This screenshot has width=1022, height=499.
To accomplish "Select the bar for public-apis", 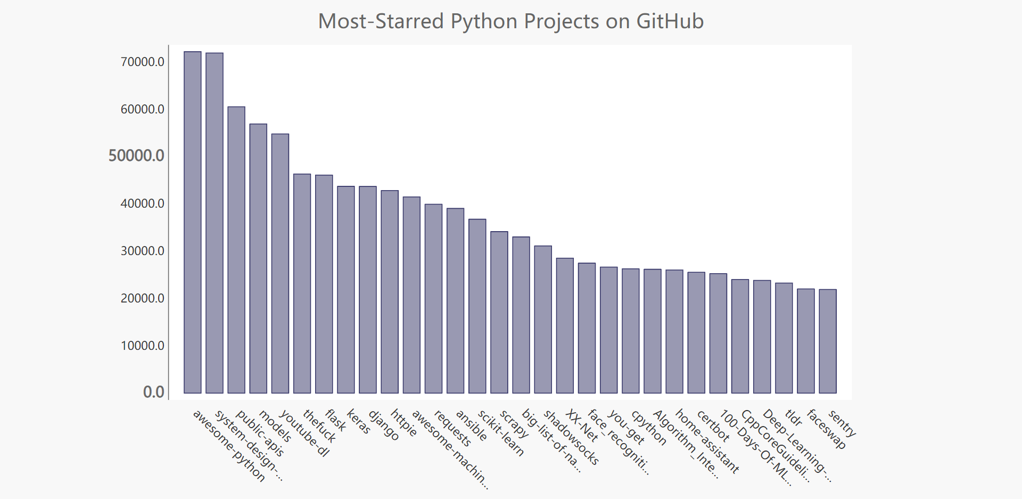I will point(236,250).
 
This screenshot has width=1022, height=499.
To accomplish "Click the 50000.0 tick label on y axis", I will point(136,156).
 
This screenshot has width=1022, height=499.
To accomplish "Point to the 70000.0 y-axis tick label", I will point(142,62).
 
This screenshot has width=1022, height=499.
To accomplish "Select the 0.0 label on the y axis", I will point(153,392).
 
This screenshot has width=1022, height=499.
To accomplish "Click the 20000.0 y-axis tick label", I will point(142,298).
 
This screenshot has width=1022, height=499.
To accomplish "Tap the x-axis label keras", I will point(358,422).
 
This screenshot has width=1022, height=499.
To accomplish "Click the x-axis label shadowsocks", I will point(571,438).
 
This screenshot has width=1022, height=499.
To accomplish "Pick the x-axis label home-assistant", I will point(707,441).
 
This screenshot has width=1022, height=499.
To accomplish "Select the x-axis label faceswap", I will point(826,429).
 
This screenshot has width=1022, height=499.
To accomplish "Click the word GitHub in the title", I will point(670,21).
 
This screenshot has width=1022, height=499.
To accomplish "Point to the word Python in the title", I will point(484,21).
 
